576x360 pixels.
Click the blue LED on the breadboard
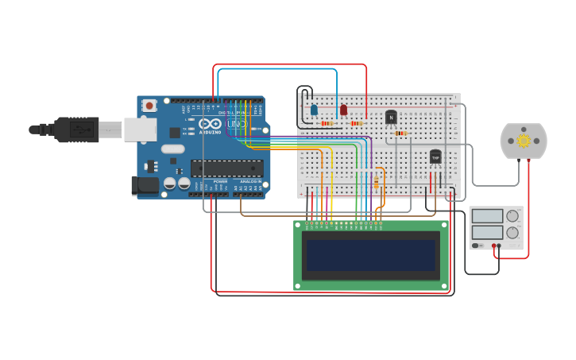point(314,110)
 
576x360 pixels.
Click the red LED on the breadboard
point(343,110)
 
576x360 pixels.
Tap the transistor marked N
point(391,118)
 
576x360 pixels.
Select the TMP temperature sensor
point(435,157)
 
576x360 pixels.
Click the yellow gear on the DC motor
point(524,141)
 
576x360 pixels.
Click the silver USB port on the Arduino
point(140,130)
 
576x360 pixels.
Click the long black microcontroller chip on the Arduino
point(226,168)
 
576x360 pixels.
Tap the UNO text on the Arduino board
point(237,125)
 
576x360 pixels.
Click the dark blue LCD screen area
point(371,255)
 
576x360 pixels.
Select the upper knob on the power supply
point(512,215)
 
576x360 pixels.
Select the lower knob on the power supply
point(512,233)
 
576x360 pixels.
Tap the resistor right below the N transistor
point(401,134)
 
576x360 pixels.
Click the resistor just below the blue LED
point(327,123)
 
